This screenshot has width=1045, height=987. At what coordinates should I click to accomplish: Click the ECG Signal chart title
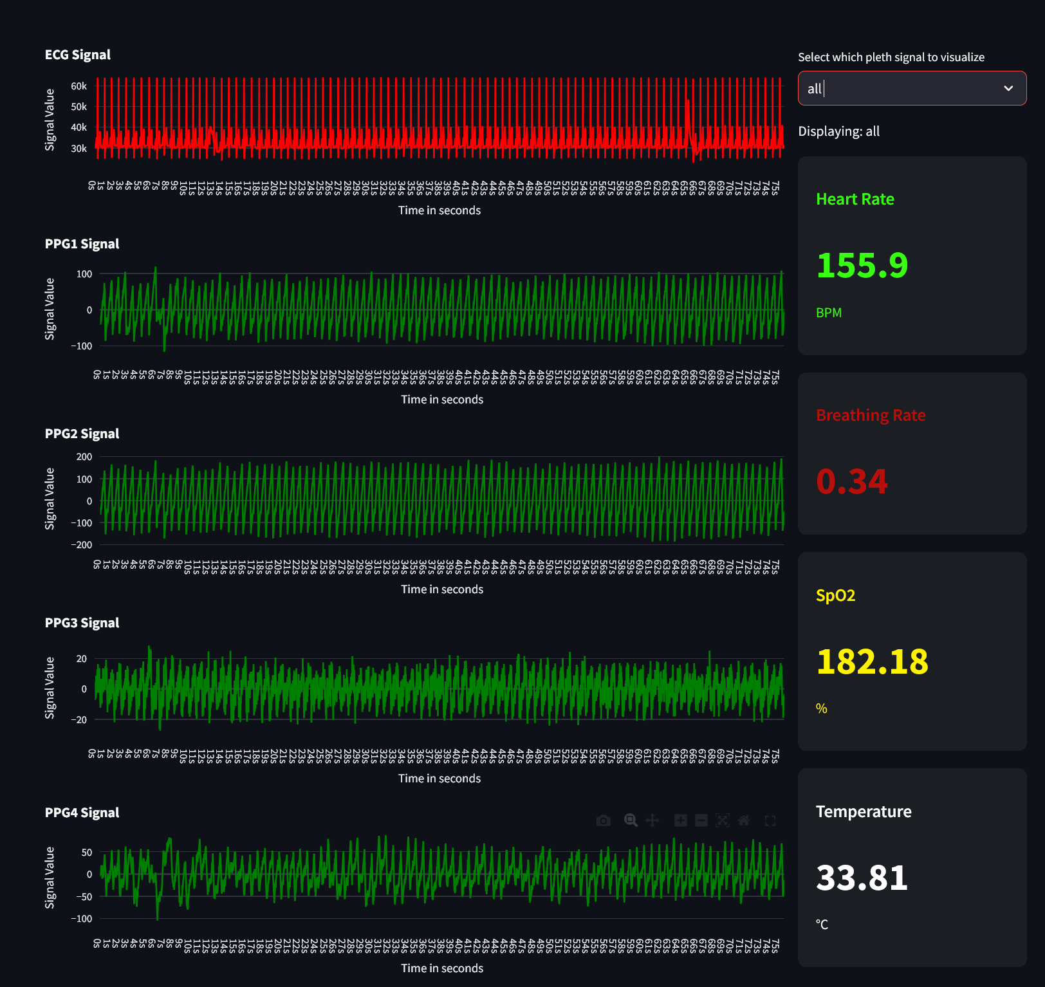[x=77, y=55]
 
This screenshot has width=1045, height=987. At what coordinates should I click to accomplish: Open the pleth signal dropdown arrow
[x=1008, y=88]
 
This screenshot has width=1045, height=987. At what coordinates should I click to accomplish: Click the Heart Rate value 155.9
[x=862, y=265]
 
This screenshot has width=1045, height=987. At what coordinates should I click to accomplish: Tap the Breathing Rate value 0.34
[x=851, y=481]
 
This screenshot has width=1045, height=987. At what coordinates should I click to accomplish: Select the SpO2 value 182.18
[x=872, y=661]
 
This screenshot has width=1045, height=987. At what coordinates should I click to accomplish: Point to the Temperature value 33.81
[x=862, y=878]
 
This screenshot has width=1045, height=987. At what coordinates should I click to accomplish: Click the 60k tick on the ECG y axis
[x=79, y=86]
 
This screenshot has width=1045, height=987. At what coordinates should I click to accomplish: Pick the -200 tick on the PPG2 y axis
[x=81, y=545]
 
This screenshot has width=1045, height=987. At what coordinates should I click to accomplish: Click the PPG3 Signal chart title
[x=82, y=623]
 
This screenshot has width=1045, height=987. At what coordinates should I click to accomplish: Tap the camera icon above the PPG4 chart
[x=603, y=820]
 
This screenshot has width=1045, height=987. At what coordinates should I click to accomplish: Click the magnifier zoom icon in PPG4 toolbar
[x=631, y=820]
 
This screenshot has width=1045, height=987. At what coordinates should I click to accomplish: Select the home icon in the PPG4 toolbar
[x=744, y=820]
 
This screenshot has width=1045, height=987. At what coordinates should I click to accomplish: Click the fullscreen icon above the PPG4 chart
[x=770, y=820]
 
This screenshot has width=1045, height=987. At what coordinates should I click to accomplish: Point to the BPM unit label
[x=828, y=313]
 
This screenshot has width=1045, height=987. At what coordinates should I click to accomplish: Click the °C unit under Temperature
[x=822, y=925]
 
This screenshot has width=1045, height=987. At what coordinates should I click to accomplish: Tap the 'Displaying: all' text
[x=838, y=131]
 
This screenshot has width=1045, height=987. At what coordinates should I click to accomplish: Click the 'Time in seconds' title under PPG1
[x=442, y=400]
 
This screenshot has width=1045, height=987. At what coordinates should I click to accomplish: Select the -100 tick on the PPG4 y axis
[x=81, y=919]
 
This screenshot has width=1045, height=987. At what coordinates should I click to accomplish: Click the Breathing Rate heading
[x=870, y=416]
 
